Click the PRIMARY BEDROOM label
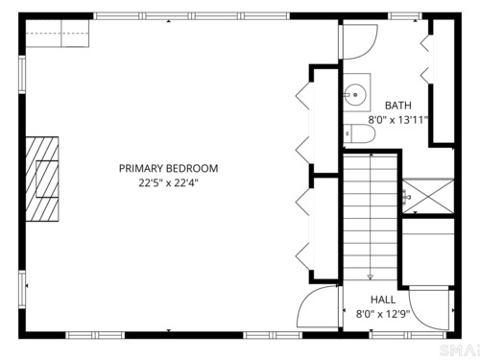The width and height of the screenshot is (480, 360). [168, 168]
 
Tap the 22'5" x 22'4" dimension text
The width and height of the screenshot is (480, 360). [168, 183]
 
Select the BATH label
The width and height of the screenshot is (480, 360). [398, 106]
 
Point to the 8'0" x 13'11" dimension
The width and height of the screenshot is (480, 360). [398, 120]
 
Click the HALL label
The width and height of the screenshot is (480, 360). [383, 300]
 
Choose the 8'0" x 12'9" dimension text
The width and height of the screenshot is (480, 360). [383, 314]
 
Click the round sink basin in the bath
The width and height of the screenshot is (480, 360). [355, 94]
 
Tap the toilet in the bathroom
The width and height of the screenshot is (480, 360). [359, 133]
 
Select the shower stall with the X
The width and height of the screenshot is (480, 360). [428, 196]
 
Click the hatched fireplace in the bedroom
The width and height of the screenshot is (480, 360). [42, 180]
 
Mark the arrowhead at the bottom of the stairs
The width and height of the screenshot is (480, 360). [371, 277]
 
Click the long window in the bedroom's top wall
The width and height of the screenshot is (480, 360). [191, 16]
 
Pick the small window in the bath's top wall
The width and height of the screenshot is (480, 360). [405, 16]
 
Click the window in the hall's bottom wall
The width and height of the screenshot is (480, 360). [408, 335]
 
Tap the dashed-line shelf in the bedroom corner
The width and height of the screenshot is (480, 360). [57, 34]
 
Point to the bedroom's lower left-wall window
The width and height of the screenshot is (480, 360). [22, 289]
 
